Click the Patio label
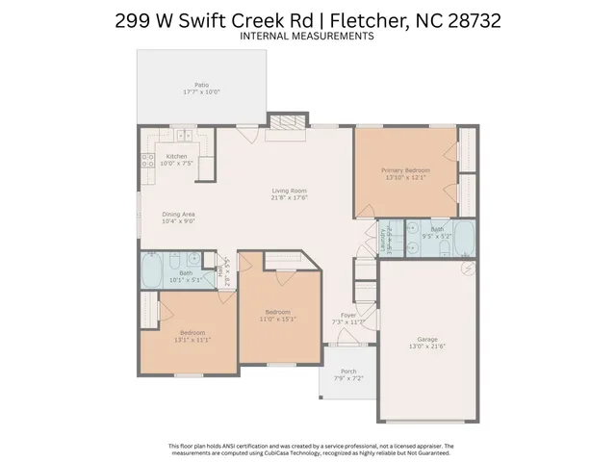click(202, 85)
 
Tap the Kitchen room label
click(177, 156)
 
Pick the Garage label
click(426, 339)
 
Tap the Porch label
click(348, 372)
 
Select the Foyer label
click(349, 315)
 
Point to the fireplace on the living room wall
click(284, 123)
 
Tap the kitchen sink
click(177, 133)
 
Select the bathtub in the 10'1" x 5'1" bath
click(151, 269)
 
